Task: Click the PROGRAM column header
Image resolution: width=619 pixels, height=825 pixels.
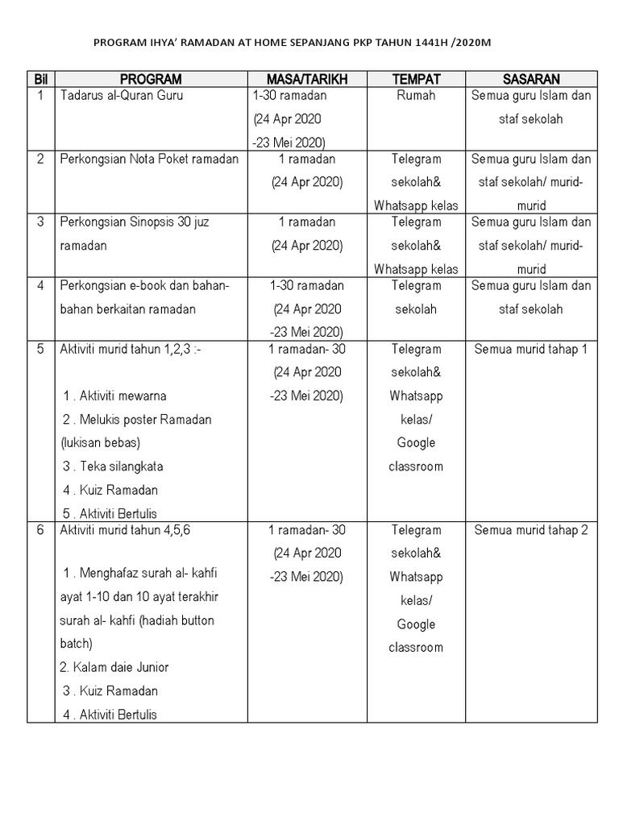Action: point(151,79)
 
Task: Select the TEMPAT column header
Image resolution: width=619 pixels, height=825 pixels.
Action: point(416,79)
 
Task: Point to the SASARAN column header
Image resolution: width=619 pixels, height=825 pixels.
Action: point(531,79)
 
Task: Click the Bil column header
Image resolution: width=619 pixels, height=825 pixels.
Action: point(40,79)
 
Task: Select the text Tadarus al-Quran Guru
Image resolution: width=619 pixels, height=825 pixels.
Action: point(122,96)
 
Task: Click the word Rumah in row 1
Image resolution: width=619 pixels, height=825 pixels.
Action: point(416,96)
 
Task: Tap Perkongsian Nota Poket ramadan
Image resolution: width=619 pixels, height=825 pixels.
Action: point(149,159)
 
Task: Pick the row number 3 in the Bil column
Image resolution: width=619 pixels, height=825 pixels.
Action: point(40,222)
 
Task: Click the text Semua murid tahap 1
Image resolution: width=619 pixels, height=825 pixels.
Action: point(531,350)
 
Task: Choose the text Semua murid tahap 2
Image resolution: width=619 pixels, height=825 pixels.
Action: point(531,530)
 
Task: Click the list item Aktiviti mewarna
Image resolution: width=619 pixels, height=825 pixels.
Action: point(114,396)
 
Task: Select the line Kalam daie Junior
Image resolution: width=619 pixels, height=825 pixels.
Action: point(114,667)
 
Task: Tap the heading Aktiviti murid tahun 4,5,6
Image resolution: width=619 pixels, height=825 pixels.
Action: point(125,530)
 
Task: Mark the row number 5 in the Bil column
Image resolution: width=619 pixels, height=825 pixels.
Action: point(40,350)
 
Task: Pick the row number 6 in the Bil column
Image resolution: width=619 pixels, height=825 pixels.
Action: point(40,530)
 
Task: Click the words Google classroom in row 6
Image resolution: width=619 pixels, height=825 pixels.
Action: point(416,636)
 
